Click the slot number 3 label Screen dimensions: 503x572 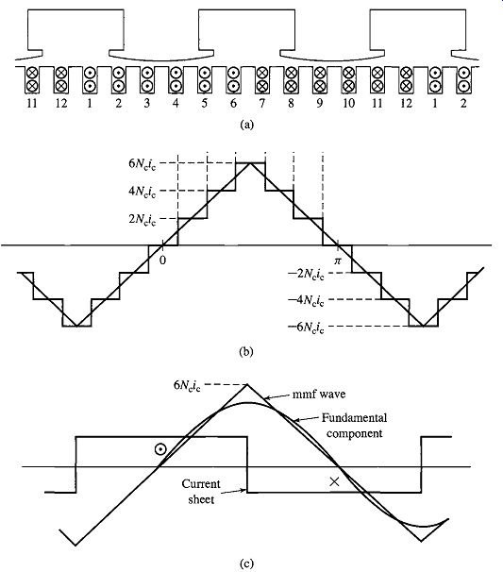147,104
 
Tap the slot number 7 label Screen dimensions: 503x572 262,104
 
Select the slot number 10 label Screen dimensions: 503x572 348,104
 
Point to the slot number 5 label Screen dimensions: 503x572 204,104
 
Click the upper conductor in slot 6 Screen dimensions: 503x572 233,73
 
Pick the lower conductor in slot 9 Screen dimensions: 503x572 320,86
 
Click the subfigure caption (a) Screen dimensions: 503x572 246,125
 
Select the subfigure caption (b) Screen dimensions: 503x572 246,352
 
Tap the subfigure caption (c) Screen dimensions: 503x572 246,564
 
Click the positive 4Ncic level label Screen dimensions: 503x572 143,192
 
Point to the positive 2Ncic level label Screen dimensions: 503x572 143,219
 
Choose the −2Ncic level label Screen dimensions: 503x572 306,274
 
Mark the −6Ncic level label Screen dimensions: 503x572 306,328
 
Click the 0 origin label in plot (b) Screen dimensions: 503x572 162,261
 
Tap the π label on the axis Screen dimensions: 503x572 338,261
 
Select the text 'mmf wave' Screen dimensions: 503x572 319,395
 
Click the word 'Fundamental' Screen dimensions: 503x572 354,418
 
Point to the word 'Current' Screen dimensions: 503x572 201,484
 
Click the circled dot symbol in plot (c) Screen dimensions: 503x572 160,449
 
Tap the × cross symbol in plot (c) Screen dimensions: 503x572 334,482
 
